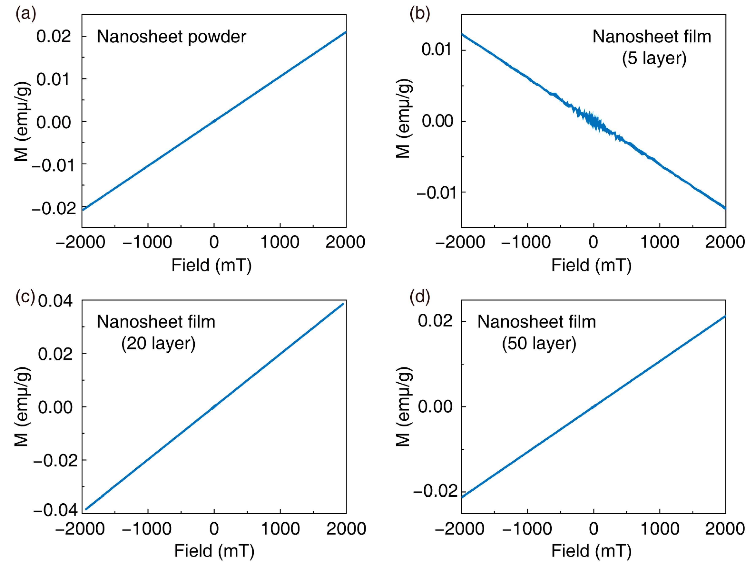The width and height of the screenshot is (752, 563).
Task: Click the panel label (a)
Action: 26,14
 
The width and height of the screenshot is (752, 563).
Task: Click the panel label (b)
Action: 419,14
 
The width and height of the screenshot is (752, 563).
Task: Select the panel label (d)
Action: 419,297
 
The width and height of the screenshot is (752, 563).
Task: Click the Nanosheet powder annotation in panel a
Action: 171,37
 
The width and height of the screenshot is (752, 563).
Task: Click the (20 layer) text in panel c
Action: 158,344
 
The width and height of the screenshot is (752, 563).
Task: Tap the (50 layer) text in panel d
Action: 539,344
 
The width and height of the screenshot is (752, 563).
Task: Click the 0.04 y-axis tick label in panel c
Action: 55,301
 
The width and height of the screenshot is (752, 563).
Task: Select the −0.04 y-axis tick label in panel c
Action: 55,510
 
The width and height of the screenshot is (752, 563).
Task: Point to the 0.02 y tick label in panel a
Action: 54,36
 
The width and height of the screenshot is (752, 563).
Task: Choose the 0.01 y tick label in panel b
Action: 437,50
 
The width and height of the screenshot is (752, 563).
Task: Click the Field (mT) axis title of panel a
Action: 212,265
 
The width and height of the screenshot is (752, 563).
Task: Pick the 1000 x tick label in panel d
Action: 660,529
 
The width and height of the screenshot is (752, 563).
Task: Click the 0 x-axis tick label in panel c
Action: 214,529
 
